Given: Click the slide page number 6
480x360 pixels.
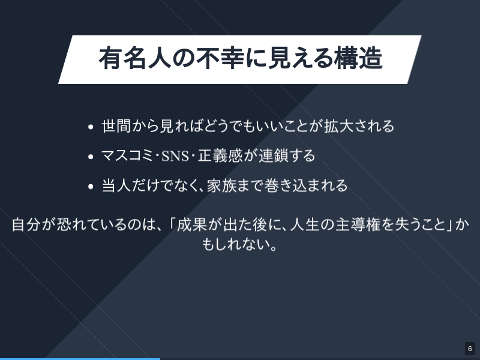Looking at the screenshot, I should tap(470, 349).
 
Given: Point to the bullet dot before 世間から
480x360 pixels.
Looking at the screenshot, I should tap(91, 127).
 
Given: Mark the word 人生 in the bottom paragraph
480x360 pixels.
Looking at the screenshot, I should tap(304, 225).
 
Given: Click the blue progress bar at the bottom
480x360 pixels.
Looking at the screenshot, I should tap(80, 358).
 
